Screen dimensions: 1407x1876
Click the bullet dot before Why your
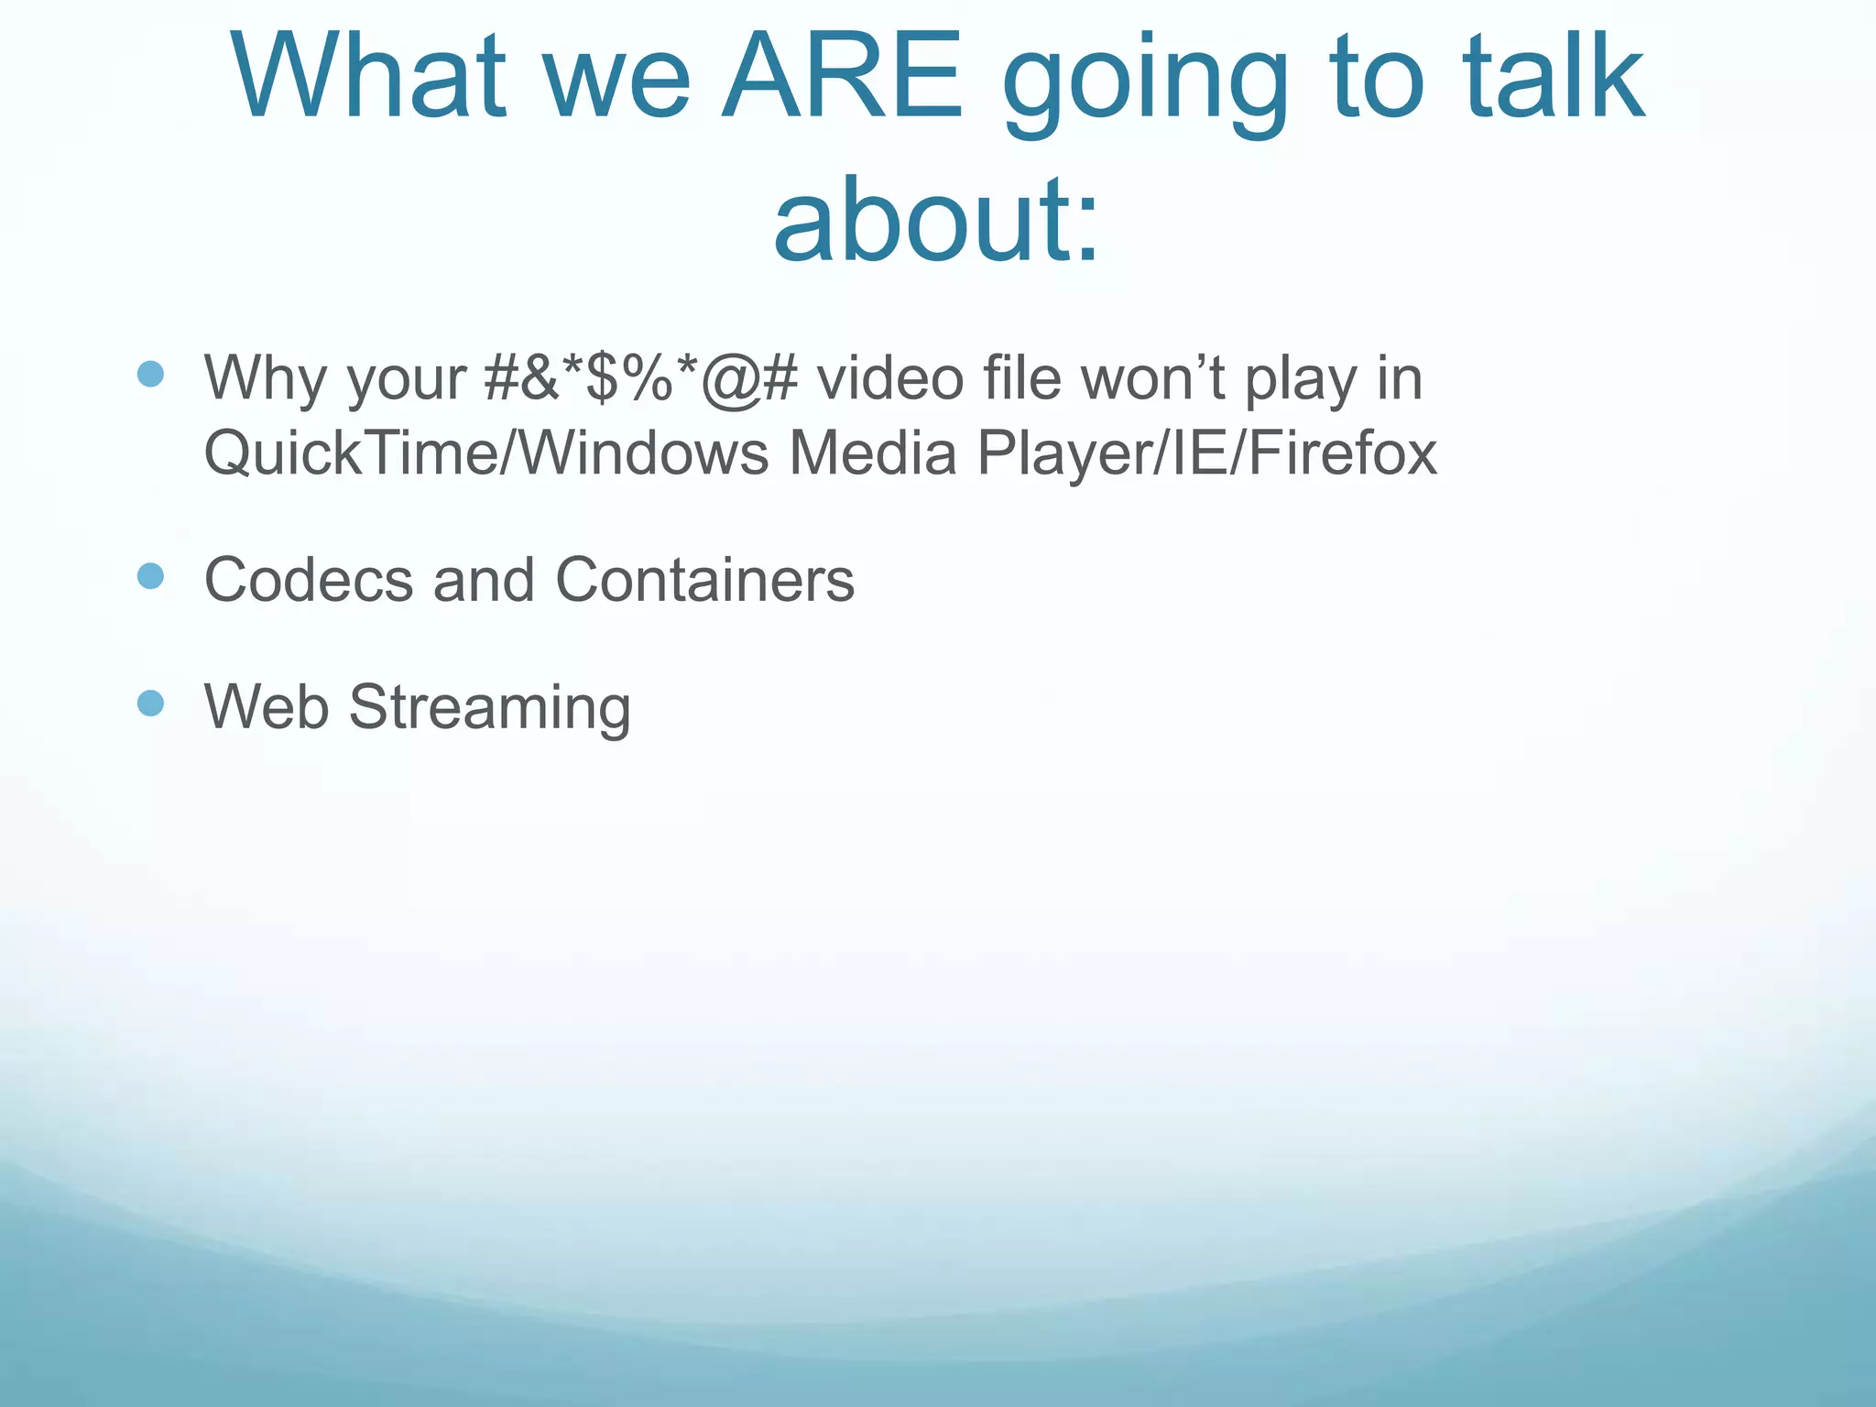[150, 374]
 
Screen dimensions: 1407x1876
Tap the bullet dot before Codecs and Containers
[150, 576]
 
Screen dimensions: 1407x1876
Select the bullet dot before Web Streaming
[150, 703]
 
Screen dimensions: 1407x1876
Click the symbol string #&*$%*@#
[641, 377]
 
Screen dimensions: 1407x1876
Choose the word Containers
[704, 580]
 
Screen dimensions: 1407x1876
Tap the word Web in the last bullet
[267, 706]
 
